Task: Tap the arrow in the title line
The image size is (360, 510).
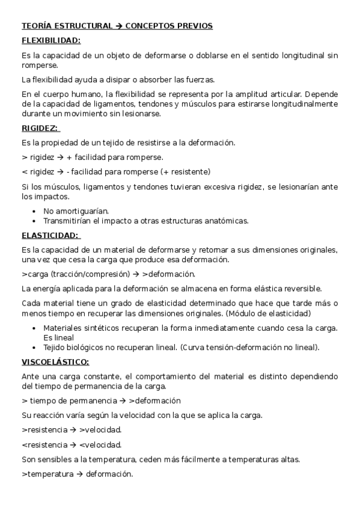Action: pyautogui.click(x=119, y=26)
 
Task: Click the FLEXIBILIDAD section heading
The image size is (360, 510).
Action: pyautogui.click(x=51, y=41)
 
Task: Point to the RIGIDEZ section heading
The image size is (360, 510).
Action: pyautogui.click(x=40, y=128)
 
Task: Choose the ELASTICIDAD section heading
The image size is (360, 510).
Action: pyautogui.click(x=50, y=235)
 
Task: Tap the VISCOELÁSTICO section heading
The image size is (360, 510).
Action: pyautogui.click(x=55, y=361)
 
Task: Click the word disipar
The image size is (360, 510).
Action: pyautogui.click(x=129, y=79)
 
